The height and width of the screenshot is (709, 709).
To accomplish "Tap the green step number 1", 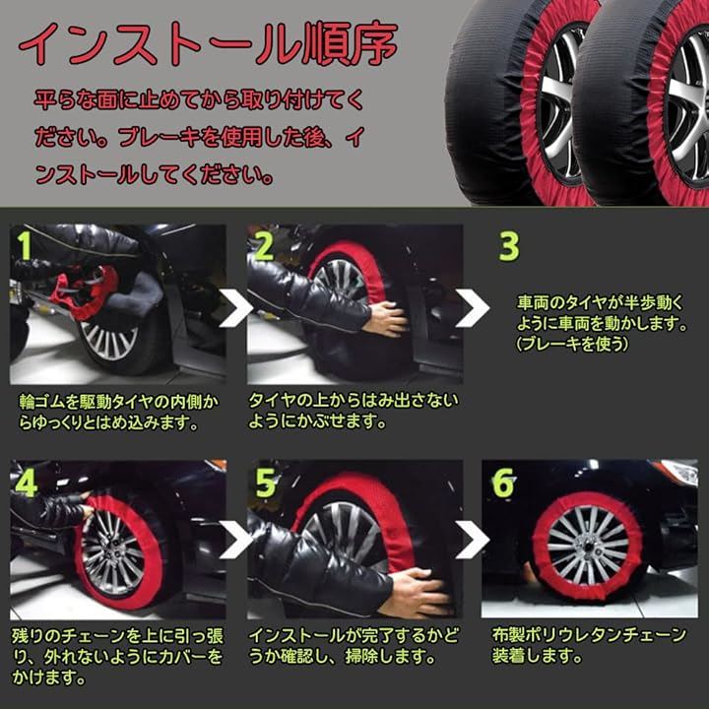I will [x=24, y=246].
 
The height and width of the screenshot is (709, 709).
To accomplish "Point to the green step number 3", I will [x=508, y=246].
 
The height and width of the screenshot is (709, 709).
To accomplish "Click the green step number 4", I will [x=26, y=483].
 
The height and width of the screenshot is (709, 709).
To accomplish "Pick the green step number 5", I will [x=265, y=483].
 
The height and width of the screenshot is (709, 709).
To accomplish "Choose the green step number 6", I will [x=503, y=483].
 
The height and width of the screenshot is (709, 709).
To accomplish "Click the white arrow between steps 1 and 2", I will [x=235, y=308].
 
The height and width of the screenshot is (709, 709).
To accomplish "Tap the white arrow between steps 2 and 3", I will [x=473, y=308].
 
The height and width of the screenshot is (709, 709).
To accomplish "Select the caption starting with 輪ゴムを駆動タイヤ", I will [x=119, y=412].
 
